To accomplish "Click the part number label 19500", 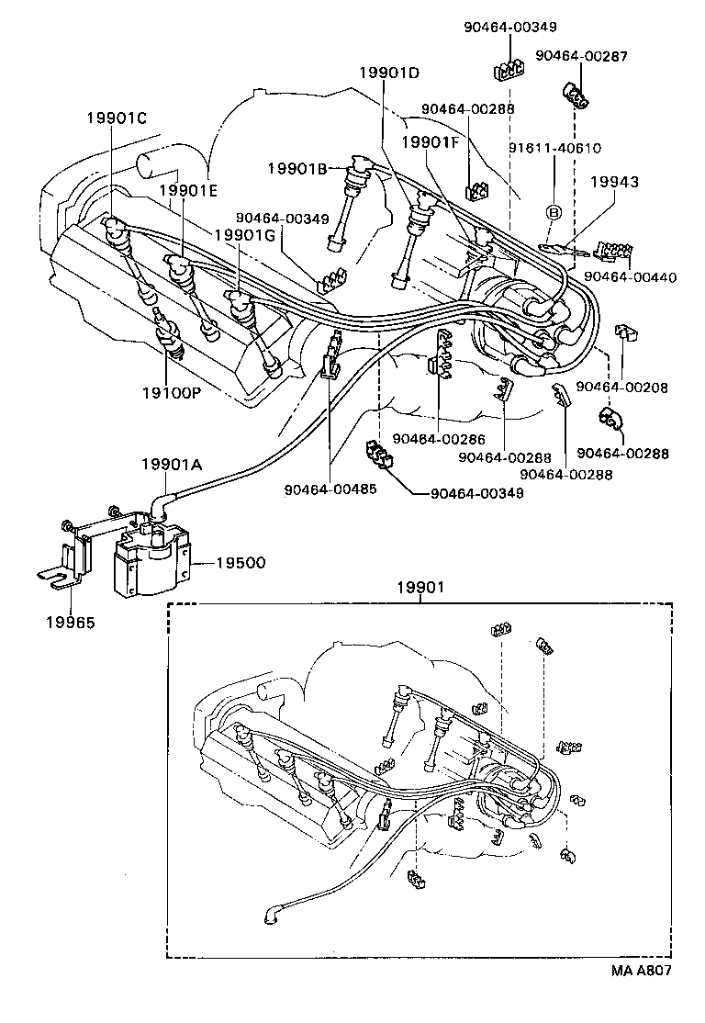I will point(241,561).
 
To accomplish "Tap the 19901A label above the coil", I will point(171,465).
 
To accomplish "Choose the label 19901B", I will point(297,167).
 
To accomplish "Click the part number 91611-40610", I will point(555,148).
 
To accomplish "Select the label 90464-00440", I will point(629,275).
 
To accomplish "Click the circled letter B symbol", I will point(554,212).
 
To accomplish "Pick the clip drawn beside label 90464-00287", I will point(575,95).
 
